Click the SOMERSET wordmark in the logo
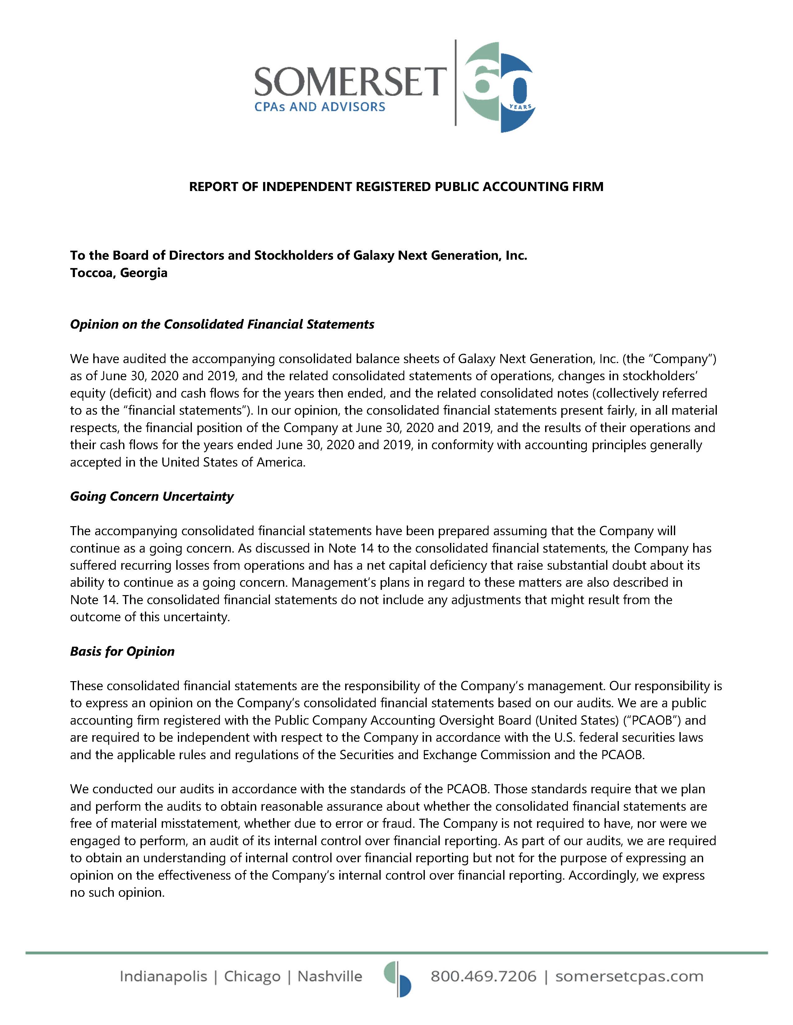tap(350, 81)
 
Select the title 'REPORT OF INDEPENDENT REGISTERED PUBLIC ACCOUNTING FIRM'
tap(396, 187)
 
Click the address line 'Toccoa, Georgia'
tap(119, 273)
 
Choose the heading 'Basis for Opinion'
tap(122, 651)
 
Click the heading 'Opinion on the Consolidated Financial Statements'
tap(222, 324)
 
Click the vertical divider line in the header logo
tap(455, 83)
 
